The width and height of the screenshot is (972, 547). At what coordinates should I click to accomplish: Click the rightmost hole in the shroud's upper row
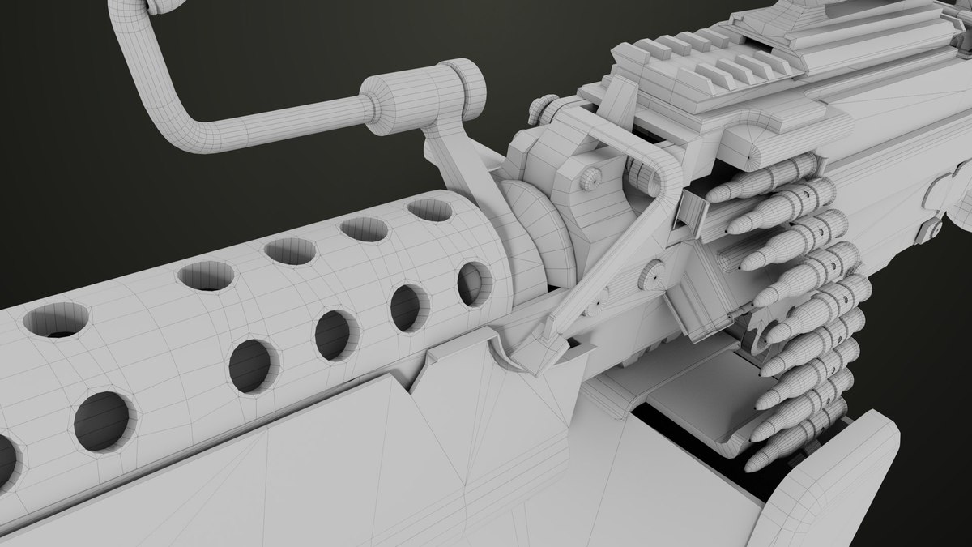tap(429, 210)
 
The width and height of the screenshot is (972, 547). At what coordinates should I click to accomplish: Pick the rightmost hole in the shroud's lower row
tap(473, 284)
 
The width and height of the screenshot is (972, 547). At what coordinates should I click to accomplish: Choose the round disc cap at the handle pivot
tap(471, 88)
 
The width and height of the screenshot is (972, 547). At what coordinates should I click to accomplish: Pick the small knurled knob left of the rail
tap(544, 109)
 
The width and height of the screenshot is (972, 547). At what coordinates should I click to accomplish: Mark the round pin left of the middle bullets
tap(652, 276)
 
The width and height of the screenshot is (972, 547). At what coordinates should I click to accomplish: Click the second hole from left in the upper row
tap(206, 276)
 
